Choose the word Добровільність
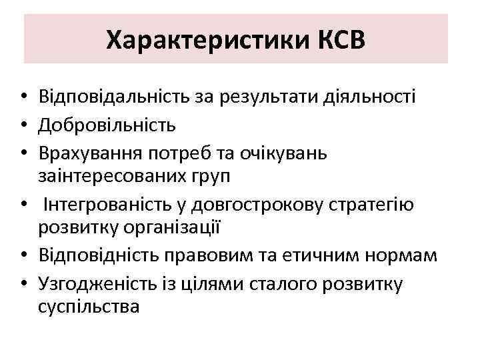pos(107,125)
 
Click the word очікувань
pos(293,152)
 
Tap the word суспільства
pos(89,306)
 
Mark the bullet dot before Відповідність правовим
pos(23,255)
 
